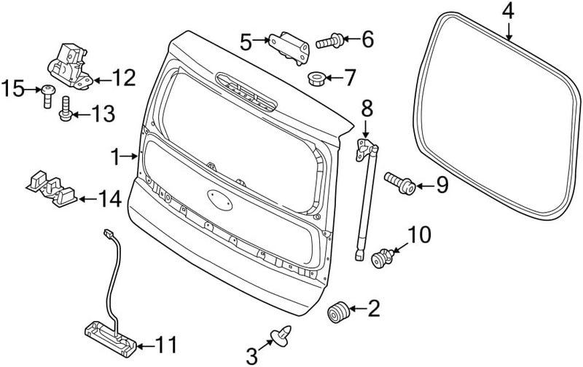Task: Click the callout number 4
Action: point(508,12)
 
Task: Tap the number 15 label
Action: point(12,88)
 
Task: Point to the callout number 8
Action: point(367,108)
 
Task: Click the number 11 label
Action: point(165,345)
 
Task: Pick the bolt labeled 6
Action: point(329,42)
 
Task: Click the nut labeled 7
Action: point(317,79)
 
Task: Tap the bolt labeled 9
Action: point(399,183)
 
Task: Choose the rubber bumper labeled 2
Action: point(338,312)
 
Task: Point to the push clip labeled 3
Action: point(281,334)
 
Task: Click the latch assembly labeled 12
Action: point(70,66)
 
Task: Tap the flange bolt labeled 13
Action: point(66,108)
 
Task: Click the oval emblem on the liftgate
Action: point(220,200)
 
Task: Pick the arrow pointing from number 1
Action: point(130,157)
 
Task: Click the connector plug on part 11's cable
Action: point(108,233)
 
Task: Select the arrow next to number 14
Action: point(87,199)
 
